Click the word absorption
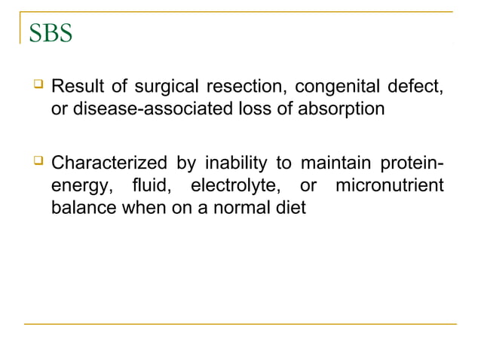pos(344,109)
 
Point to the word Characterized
pos(109,163)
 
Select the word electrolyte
pos(237,185)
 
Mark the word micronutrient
pos(389,185)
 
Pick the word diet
pos(290,208)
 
